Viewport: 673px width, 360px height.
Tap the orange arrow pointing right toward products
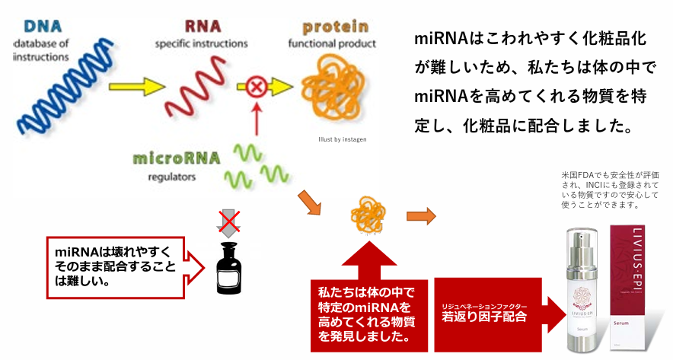(421, 216)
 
